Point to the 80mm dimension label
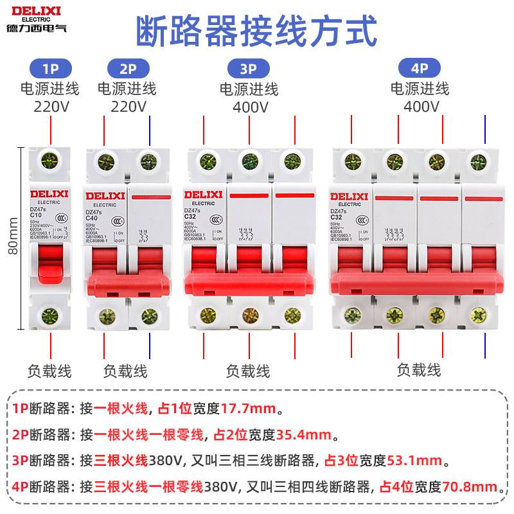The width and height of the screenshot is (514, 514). click(13, 236)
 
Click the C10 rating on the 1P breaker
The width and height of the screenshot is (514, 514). click(40, 215)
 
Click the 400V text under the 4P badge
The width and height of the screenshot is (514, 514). click(421, 106)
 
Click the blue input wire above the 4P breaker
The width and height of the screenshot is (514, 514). click(483, 128)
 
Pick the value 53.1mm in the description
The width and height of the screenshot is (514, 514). click(414, 460)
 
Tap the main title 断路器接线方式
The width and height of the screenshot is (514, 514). click(257, 30)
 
